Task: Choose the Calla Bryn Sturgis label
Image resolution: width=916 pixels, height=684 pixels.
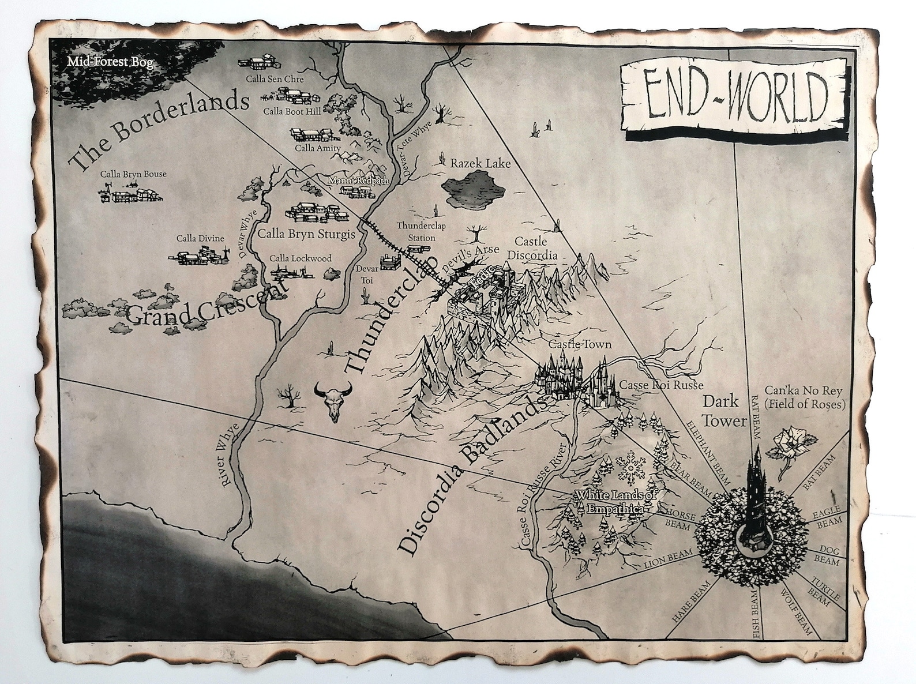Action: [306, 234]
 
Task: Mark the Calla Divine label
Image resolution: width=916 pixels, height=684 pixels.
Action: [200, 238]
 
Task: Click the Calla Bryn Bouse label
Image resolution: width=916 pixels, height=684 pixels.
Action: [133, 174]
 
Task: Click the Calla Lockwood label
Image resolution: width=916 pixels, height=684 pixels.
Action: [301, 258]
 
